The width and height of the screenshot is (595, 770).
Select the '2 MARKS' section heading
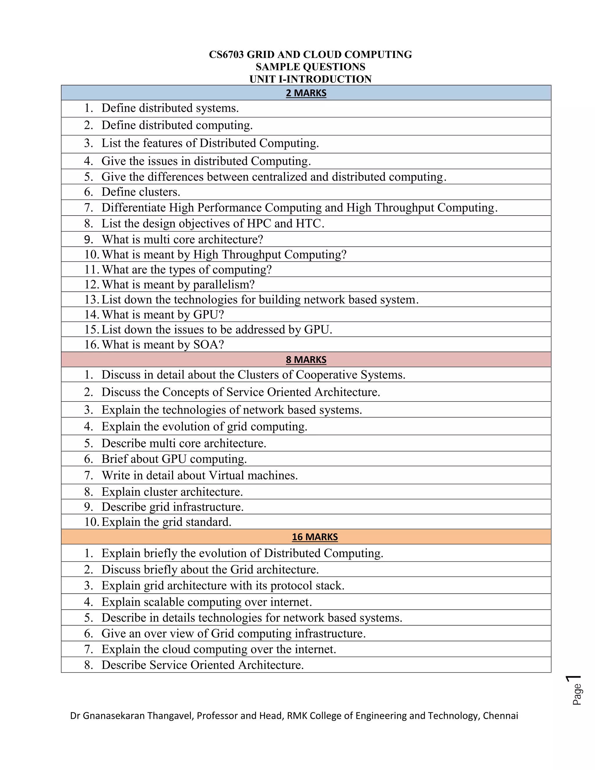306,93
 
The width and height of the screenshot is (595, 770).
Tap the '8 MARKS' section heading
306,360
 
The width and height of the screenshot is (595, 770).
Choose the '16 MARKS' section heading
315,537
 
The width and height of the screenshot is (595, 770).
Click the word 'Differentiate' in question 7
134,208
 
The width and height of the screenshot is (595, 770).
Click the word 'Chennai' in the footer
500,716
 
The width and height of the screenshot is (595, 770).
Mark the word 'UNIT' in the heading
263,79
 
